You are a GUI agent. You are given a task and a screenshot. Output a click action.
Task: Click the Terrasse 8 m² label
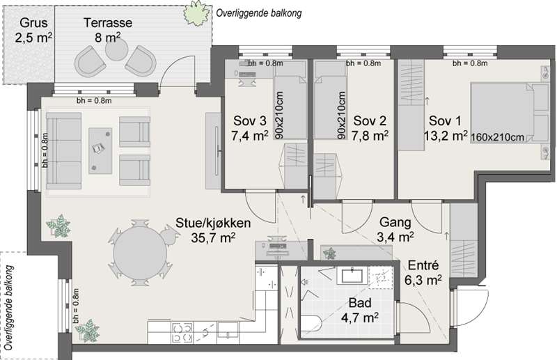pos(108,30)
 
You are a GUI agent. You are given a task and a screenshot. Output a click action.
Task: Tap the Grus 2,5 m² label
pos(33,30)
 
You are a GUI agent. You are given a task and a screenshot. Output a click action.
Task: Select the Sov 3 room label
pos(249,128)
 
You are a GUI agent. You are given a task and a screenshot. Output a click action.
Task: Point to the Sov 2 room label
pos(370,128)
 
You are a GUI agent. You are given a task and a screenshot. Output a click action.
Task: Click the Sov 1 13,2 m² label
pos(446,128)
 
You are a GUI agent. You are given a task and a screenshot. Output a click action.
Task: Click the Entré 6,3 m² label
pos(423,272)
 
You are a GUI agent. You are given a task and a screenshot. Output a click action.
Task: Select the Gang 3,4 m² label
pos(395,229)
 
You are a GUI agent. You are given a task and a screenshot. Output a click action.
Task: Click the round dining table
pos(140,252)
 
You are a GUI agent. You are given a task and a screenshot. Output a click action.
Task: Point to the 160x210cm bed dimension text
pos(497,137)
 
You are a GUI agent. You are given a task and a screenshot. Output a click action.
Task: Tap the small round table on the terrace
pos(116,49)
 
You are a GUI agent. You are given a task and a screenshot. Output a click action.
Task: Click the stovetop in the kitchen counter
pos(182,333)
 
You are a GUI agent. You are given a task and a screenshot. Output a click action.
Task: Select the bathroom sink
pos(352,276)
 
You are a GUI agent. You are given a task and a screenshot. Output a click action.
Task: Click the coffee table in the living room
pos(100,150)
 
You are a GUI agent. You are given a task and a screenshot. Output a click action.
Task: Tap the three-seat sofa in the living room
pos(63,150)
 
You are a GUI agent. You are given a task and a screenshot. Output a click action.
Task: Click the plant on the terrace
pos(196,13)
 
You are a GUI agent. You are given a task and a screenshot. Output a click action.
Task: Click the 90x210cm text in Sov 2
pos(341,115)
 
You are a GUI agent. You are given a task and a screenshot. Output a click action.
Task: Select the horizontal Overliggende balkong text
pos(259,13)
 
